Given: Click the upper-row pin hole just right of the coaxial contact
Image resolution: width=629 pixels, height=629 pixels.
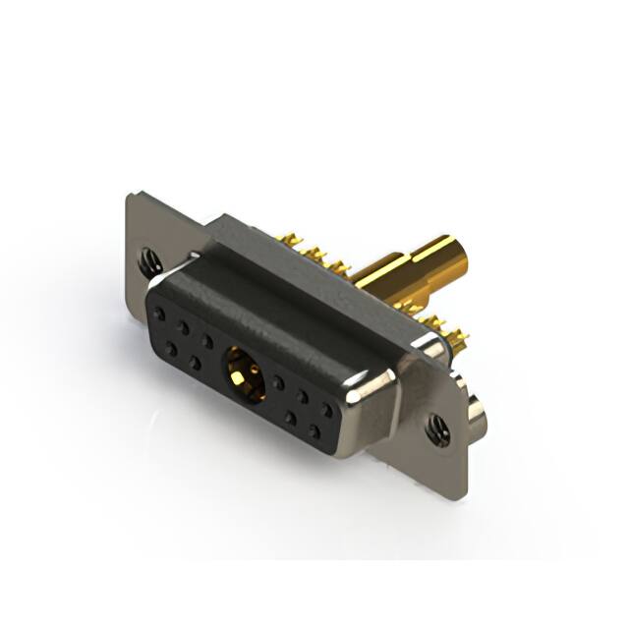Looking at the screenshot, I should click(279, 382).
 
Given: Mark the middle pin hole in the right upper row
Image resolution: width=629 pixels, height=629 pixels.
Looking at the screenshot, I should click(303, 395).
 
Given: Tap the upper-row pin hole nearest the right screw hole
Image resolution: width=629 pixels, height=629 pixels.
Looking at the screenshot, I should click(325, 407).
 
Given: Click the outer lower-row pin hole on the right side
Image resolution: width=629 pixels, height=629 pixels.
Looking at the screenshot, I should click(314, 429).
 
